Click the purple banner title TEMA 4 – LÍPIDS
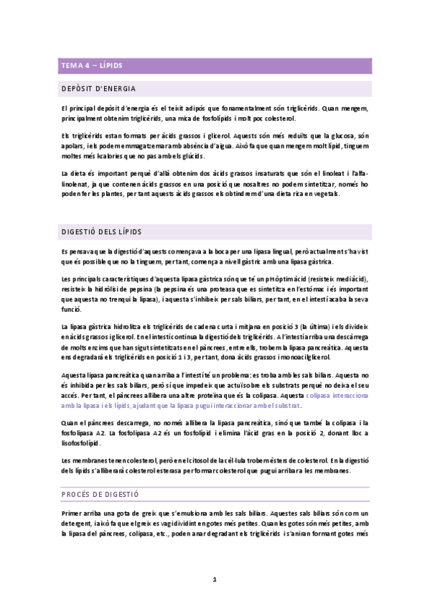(91, 66)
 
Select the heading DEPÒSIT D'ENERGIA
(97, 89)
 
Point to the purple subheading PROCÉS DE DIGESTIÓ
(100, 495)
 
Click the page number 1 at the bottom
(215, 579)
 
